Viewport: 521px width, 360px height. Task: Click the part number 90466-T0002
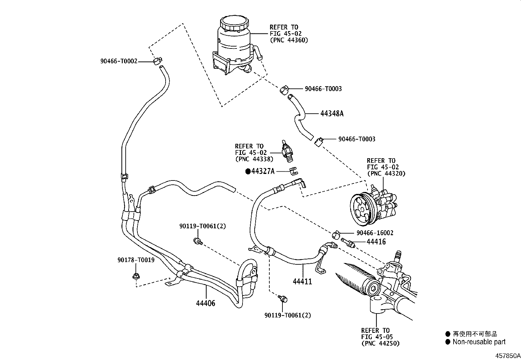118,61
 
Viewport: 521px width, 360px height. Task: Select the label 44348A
332,114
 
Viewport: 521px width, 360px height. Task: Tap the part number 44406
206,303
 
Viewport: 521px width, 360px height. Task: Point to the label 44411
302,281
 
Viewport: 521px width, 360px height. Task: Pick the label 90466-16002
375,233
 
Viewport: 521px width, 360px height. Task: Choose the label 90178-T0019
136,260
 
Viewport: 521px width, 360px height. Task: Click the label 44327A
263,171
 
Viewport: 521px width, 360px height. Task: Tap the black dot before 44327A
248,171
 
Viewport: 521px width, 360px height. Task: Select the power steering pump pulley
362,209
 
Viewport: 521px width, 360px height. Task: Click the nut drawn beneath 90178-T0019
135,276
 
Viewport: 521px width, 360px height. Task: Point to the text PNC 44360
289,40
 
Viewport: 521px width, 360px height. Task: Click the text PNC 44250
381,343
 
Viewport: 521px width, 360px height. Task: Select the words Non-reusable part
479,342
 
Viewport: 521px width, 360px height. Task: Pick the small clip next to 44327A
294,170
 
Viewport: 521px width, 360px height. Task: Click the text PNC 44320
386,174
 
